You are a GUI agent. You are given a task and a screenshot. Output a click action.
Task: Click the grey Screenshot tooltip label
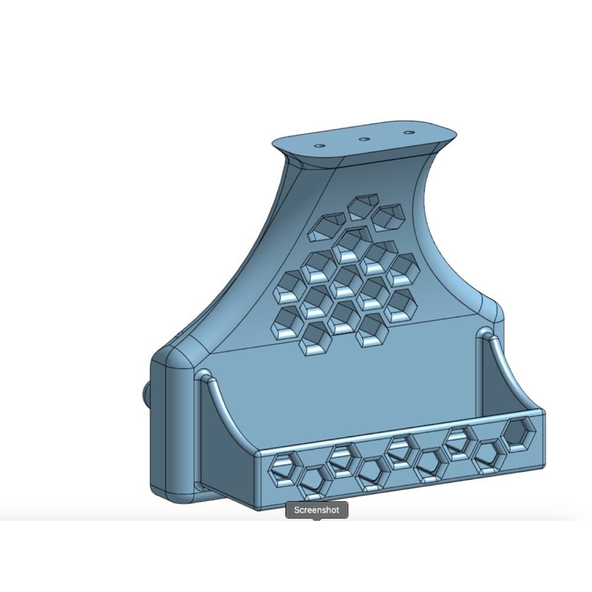(x=316, y=510)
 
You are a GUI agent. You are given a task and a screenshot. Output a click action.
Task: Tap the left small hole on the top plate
(x=320, y=146)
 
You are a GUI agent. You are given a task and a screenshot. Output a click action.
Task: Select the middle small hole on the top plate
(x=363, y=139)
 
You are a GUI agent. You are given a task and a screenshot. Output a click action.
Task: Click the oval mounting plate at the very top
(x=364, y=140)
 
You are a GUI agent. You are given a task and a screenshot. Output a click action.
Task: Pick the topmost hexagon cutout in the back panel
(x=363, y=207)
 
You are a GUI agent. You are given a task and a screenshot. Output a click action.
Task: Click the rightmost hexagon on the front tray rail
(x=520, y=434)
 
